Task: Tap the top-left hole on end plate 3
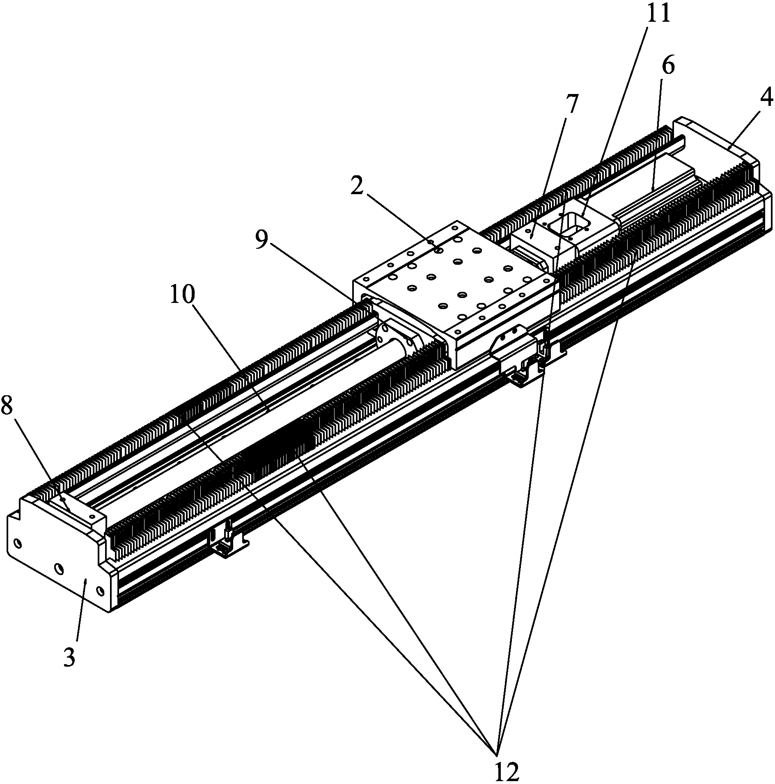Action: pyautogui.click(x=18, y=544)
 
